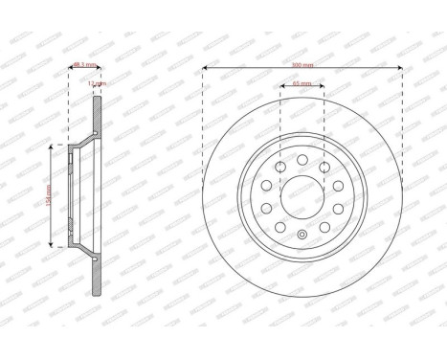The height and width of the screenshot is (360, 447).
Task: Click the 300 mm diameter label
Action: (x=302, y=65)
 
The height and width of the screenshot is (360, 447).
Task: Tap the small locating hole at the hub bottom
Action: (x=302, y=236)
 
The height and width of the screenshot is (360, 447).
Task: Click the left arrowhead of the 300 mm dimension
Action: (x=205, y=72)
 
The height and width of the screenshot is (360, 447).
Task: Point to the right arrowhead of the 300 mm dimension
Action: (x=399, y=72)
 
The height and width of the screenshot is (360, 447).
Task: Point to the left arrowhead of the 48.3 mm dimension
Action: (x=72, y=72)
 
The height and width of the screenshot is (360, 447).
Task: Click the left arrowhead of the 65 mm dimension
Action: (x=281, y=91)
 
